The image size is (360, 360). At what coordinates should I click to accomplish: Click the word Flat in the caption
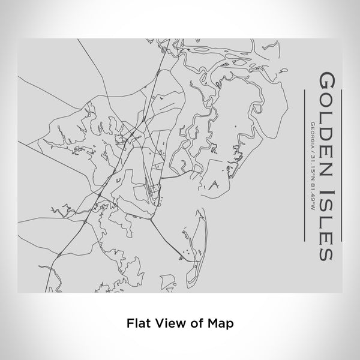tap(137, 323)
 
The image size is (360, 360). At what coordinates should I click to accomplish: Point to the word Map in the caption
tap(221, 323)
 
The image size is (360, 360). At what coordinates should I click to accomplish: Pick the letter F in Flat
tap(130, 323)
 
